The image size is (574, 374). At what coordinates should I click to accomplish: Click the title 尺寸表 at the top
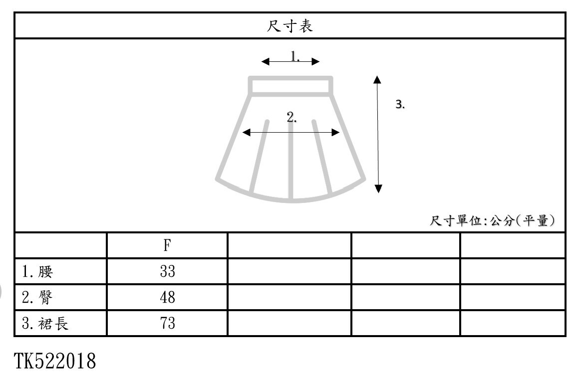[290, 26]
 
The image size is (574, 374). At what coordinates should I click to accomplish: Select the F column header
[167, 245]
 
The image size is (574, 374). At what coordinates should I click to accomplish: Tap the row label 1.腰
[37, 272]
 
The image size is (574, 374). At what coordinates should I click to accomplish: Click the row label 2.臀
[37, 298]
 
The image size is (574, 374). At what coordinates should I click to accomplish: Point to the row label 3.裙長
[45, 324]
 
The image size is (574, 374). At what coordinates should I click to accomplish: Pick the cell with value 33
[167, 272]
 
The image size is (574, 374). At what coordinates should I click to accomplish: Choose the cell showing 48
[167, 298]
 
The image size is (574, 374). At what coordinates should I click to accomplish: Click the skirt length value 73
[167, 324]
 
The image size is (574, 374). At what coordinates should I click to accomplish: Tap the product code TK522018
[54, 360]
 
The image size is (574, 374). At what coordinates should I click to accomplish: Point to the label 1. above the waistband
[295, 56]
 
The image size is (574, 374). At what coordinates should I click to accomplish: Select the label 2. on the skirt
[292, 118]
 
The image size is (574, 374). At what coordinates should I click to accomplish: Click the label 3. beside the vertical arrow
[400, 104]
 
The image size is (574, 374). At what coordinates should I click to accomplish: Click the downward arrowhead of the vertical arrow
[378, 188]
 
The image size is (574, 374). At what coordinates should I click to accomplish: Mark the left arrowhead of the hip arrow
[246, 132]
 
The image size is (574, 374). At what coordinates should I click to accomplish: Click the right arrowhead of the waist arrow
[315, 61]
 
